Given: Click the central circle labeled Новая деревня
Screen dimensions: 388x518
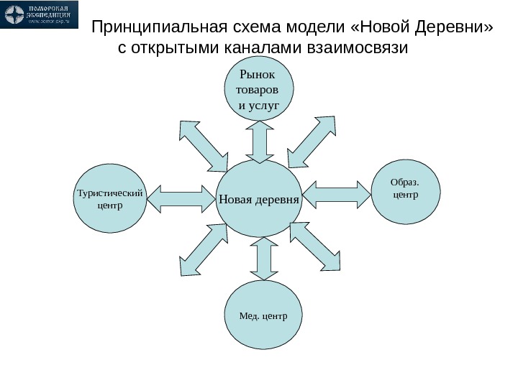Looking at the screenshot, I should [259, 198].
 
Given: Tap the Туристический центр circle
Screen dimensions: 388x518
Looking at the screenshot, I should [109, 198].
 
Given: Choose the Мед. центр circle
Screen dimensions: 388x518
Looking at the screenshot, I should [264, 315].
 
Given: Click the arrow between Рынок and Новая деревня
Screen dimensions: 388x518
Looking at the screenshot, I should [259, 141].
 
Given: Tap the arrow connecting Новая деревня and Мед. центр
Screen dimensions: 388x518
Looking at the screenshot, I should [263, 258].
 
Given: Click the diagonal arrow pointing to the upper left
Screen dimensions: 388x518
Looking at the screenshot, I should [203, 146].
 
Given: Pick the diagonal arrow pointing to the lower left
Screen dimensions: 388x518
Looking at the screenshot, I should [204, 250].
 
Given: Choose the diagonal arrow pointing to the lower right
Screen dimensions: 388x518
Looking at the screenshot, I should [314, 246].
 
